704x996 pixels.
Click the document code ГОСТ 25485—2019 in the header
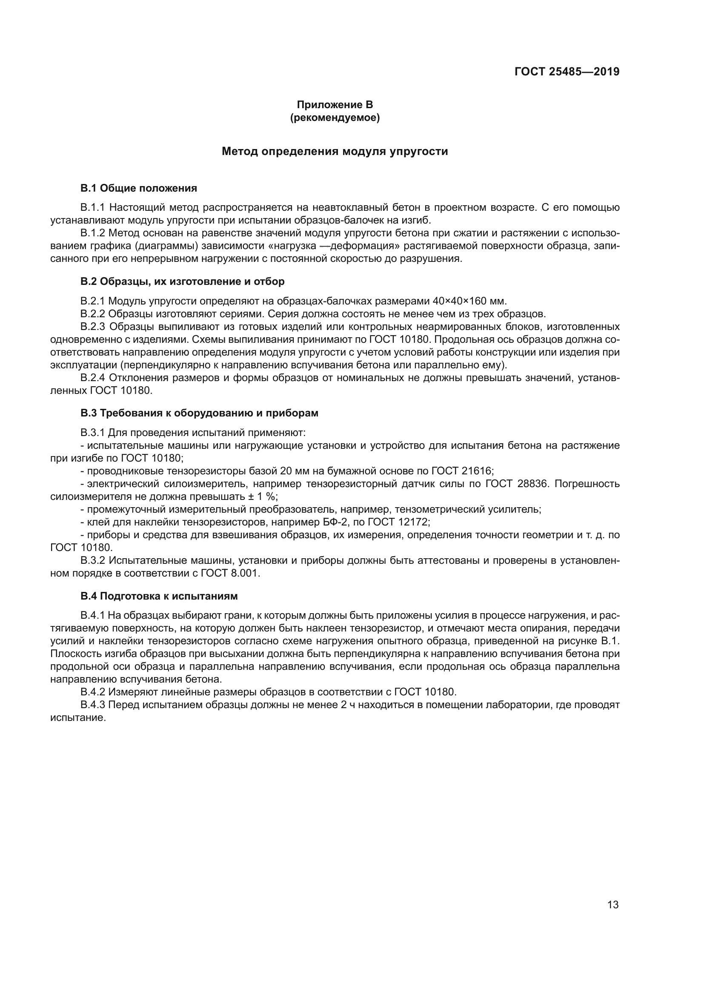(x=567, y=72)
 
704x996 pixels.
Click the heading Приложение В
(x=335, y=105)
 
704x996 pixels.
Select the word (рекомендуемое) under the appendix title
(x=335, y=118)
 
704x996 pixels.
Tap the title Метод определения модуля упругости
(x=335, y=152)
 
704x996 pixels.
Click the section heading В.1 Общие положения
(x=139, y=188)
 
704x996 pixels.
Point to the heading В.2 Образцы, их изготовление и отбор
(x=183, y=281)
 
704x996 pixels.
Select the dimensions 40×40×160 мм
(x=469, y=301)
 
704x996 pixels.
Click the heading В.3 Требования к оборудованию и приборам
(x=199, y=413)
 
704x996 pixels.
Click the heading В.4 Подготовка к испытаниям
(x=159, y=596)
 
